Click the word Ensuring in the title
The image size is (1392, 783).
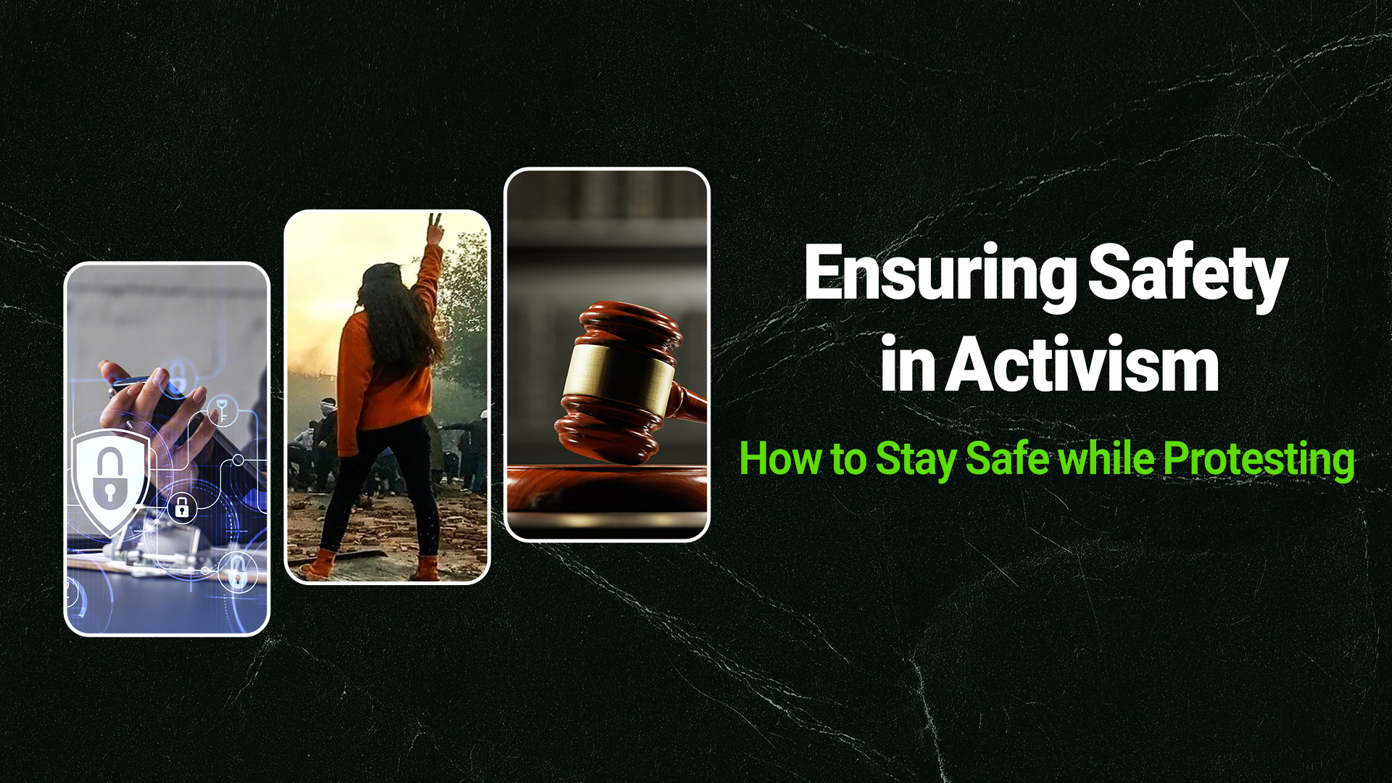point(940,274)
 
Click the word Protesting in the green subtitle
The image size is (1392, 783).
point(1259,460)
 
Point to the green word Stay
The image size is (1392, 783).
point(916,460)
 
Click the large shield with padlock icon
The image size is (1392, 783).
point(109,478)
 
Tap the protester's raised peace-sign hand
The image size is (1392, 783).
point(435,228)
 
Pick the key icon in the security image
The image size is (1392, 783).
point(223,410)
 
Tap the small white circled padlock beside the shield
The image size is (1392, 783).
point(182,507)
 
